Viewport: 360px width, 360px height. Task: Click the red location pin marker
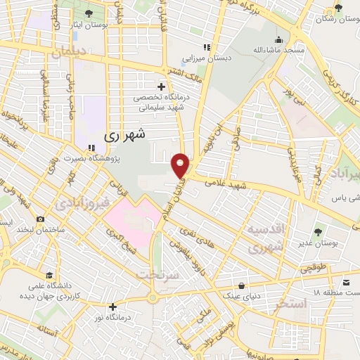pyautogui.click(x=181, y=165)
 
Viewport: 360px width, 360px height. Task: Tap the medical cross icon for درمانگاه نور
pyautogui.click(x=112, y=307)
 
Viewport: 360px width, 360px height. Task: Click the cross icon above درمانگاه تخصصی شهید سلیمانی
pyautogui.click(x=161, y=86)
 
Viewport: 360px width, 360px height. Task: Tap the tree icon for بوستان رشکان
pyautogui.click(x=338, y=8)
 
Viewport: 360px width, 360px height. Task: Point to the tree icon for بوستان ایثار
pyautogui.click(x=89, y=13)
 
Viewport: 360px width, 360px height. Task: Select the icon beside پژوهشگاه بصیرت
pyautogui.click(x=91, y=148)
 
